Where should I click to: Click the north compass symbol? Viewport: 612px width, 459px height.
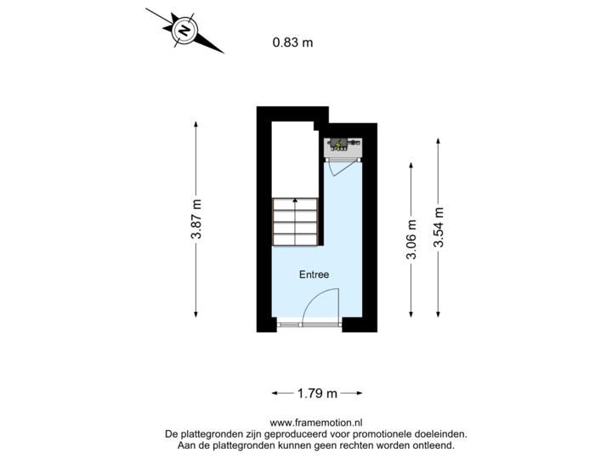[x=184, y=31]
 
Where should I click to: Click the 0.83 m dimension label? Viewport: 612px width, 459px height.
[x=292, y=41]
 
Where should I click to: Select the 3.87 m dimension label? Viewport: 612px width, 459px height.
[x=196, y=220]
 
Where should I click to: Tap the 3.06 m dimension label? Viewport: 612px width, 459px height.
[x=412, y=241]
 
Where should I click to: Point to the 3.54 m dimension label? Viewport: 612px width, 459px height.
[x=438, y=227]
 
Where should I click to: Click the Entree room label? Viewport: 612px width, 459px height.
[x=314, y=275]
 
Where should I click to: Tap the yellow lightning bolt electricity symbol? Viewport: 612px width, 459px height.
[x=339, y=143]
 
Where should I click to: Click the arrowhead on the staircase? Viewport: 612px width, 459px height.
[x=295, y=201]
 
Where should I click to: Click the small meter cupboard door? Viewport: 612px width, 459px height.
[x=337, y=167]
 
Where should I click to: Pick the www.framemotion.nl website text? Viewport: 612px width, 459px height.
[x=316, y=422]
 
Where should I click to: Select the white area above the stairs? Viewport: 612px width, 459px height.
[x=292, y=157]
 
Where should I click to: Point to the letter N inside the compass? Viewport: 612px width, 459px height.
[x=184, y=31]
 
